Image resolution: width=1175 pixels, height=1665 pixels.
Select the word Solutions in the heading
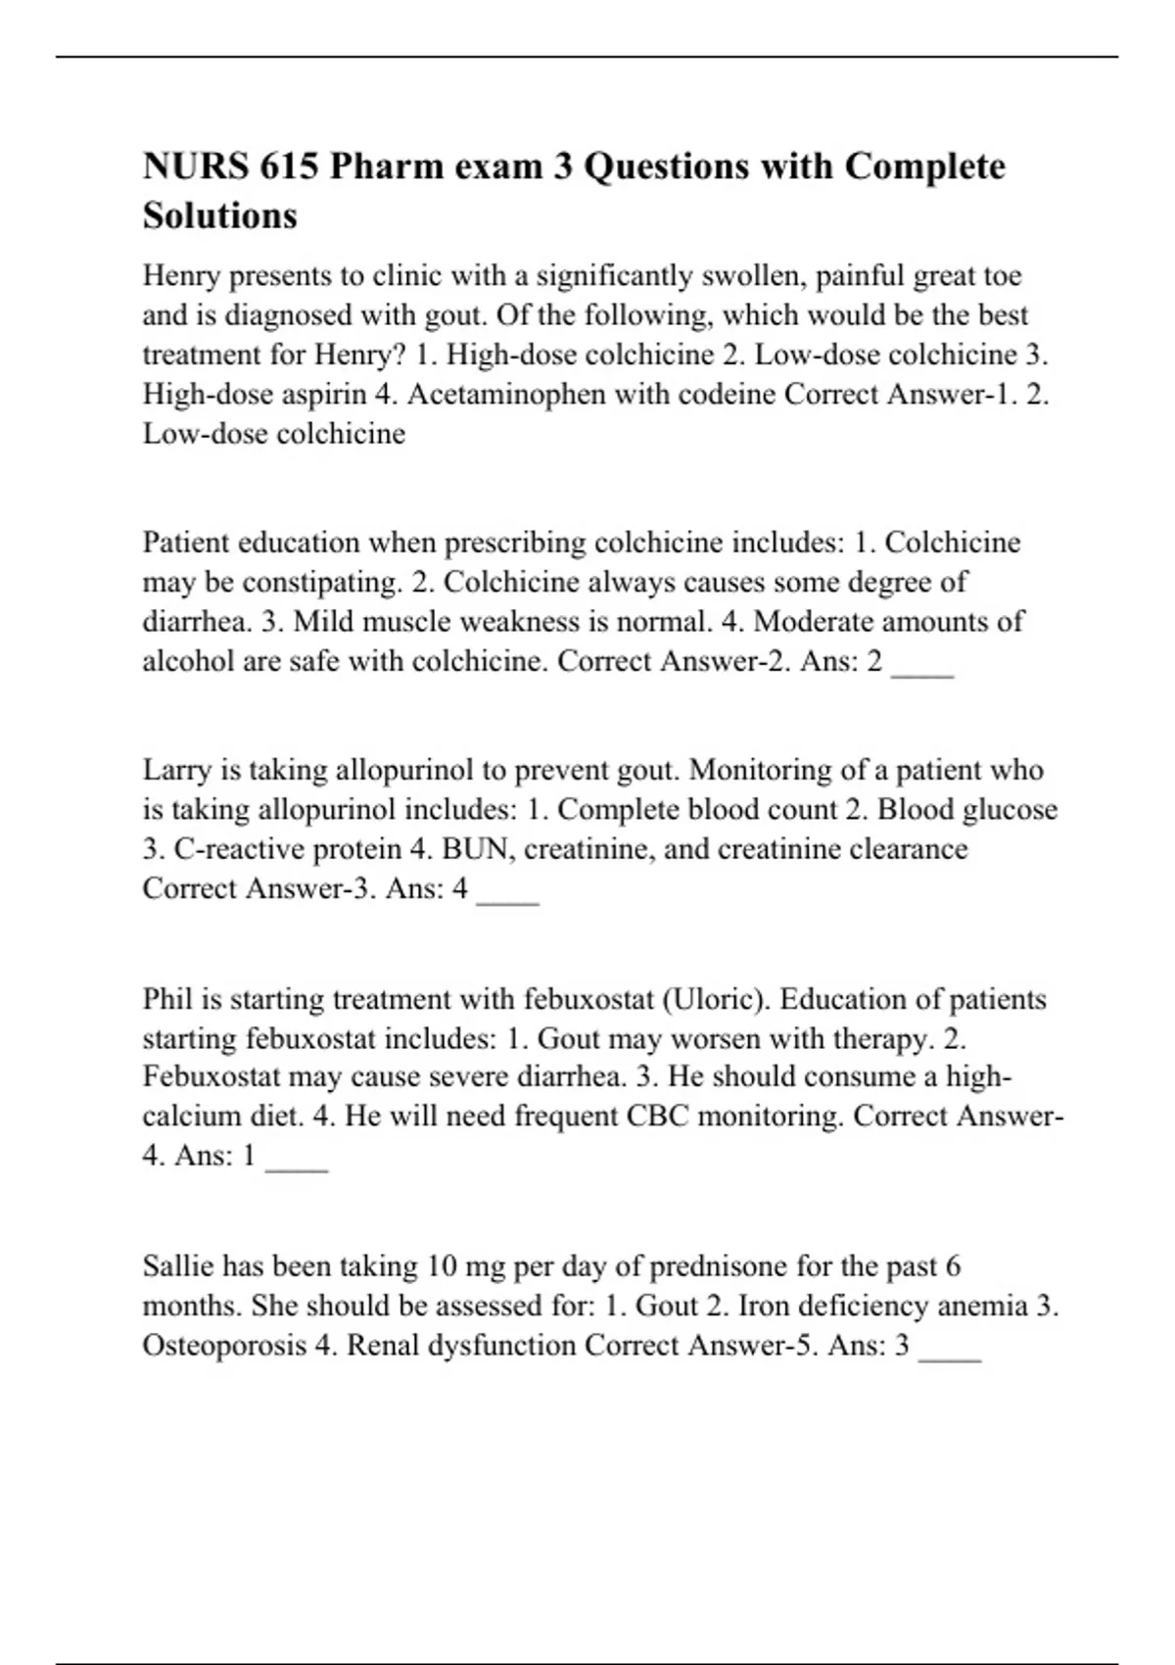pos(220,215)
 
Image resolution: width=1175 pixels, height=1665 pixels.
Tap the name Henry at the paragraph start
pos(182,276)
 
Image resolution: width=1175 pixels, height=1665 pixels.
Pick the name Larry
pos(177,771)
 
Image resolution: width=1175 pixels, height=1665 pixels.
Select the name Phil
pos(167,1000)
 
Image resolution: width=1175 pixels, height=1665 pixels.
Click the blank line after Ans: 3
pos(950,1354)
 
